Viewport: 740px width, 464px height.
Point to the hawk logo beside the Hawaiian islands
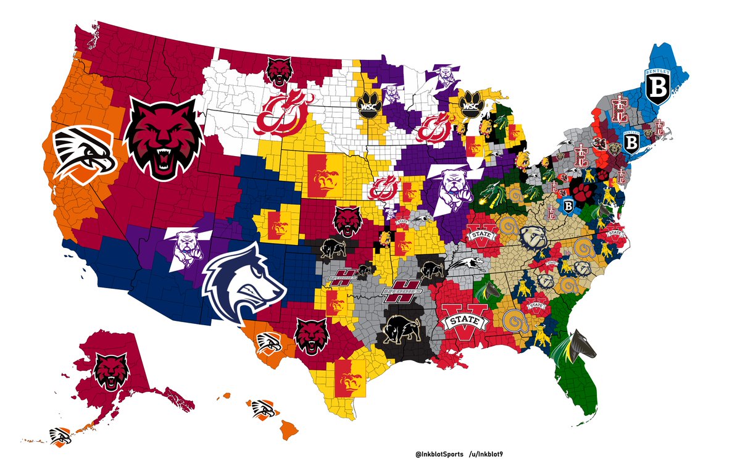(x=264, y=408)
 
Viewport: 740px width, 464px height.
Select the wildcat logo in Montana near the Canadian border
(x=278, y=71)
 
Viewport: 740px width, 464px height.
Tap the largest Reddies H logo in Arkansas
(x=403, y=291)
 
